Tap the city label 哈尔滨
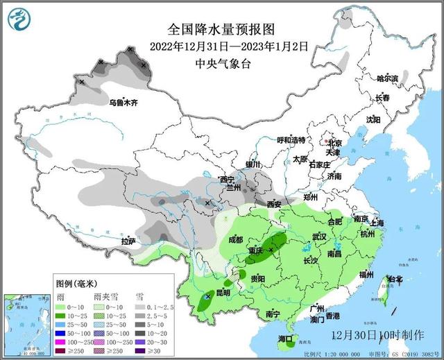(x=387, y=79)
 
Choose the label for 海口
(x=286, y=339)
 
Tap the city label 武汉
(x=320, y=237)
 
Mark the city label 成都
(x=236, y=239)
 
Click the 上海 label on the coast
(x=378, y=223)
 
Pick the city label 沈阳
(x=374, y=119)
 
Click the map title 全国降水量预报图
(x=221, y=30)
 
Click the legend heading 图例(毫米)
(x=77, y=284)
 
